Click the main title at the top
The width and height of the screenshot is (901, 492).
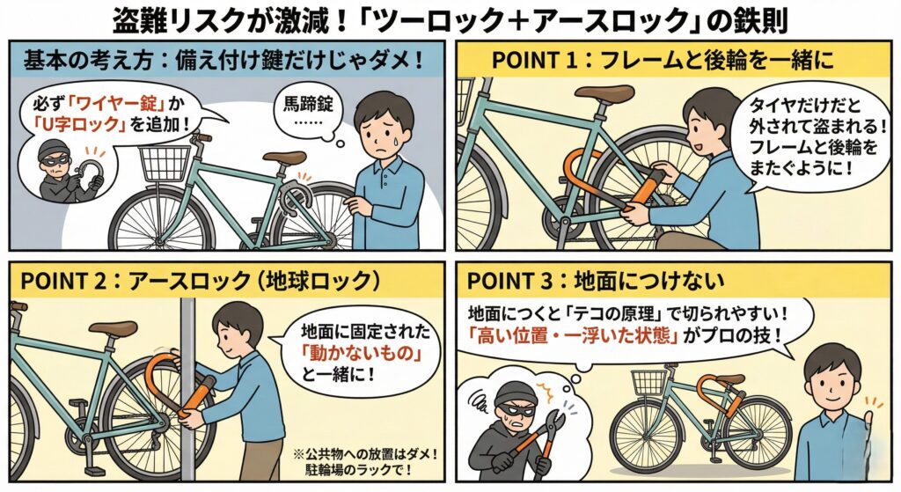click(x=450, y=19)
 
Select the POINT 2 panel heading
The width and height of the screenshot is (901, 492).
click(x=198, y=282)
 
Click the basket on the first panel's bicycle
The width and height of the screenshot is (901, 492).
click(x=165, y=163)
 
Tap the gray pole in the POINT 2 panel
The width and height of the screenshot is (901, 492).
click(x=187, y=387)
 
